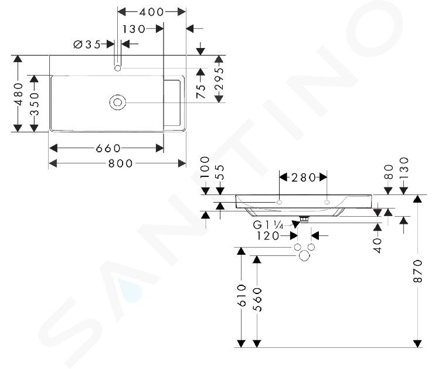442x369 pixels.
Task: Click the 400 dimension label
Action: coord(151,12)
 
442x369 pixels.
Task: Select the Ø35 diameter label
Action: coord(87,45)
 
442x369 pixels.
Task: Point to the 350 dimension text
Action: coord(35,104)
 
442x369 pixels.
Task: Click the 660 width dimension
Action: coord(108,148)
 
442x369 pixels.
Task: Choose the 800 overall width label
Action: coord(120,163)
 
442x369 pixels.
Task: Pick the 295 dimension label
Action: coord(219,78)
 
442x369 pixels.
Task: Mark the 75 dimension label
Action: coord(201,91)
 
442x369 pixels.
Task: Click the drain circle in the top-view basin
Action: coord(118,102)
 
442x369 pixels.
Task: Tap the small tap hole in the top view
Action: coord(118,68)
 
